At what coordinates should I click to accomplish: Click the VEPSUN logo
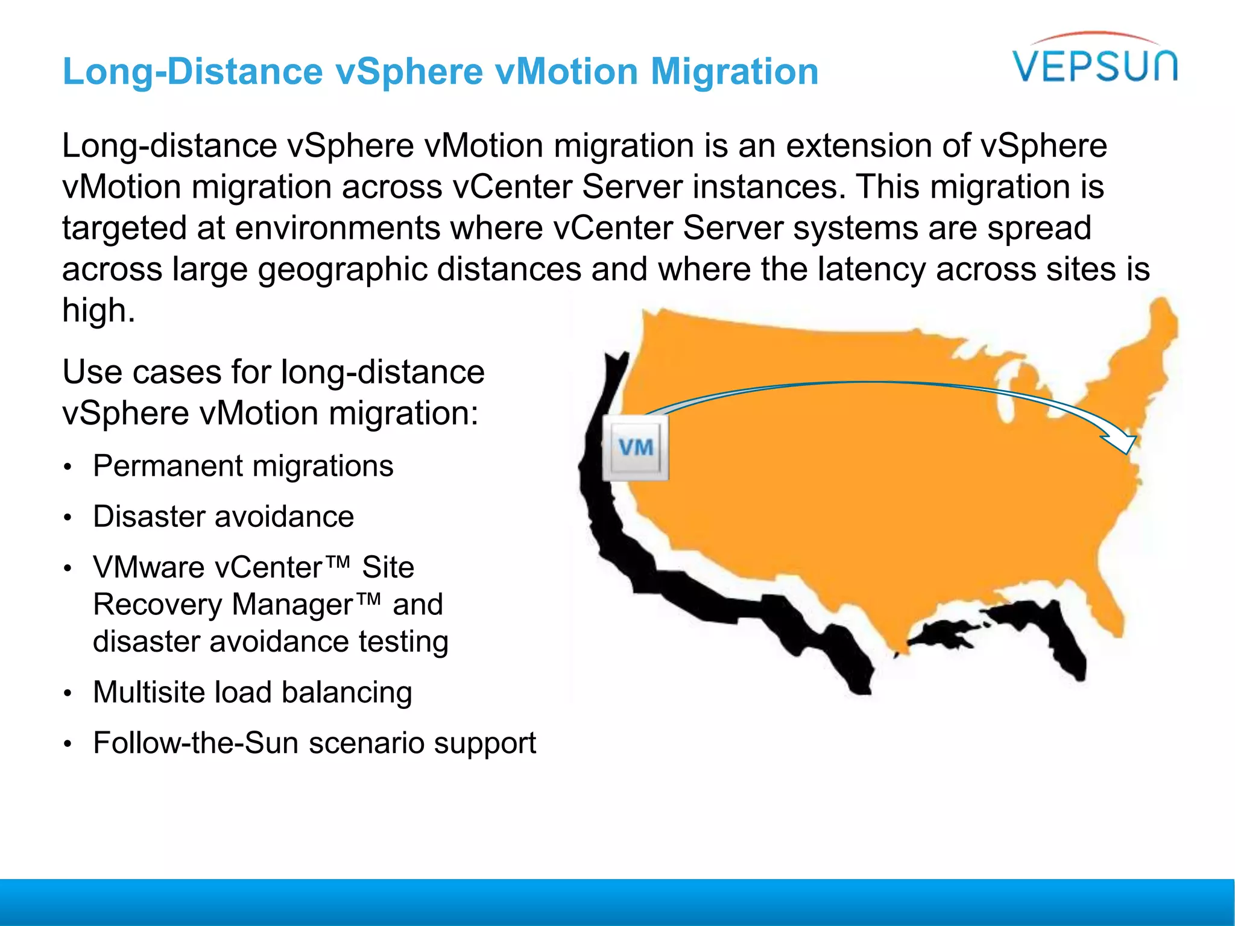coord(1095,60)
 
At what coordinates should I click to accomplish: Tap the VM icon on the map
coord(636,448)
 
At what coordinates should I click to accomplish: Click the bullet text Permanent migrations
coord(243,466)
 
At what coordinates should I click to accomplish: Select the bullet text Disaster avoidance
coord(223,517)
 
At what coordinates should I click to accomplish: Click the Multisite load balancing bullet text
coord(252,692)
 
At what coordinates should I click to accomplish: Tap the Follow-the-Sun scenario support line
coord(314,743)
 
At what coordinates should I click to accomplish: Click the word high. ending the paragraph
coord(98,310)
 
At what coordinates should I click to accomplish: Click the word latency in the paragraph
coord(871,269)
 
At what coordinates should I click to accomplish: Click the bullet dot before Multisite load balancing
coord(69,694)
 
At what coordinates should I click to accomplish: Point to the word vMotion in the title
coord(566,72)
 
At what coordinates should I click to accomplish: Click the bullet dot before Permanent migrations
coord(69,468)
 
